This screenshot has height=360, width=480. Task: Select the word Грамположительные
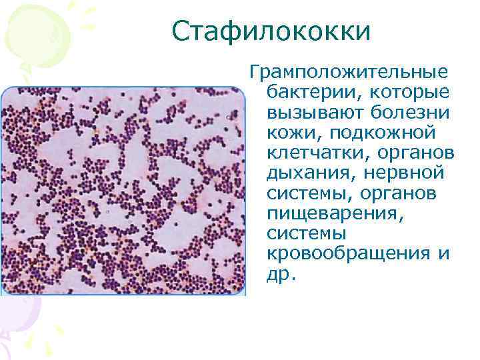tap(348, 71)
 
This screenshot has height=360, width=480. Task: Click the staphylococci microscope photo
tap(123, 190)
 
